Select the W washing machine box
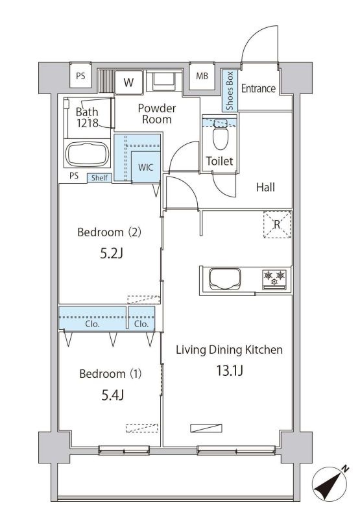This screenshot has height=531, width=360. point(129,82)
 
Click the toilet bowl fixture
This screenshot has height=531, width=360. point(221,138)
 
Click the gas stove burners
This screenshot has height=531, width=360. point(274,279)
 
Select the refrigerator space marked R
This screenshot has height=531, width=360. point(277,225)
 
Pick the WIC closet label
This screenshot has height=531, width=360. point(145,167)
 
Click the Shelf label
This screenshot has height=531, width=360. point(99,178)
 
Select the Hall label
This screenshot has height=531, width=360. point(265,188)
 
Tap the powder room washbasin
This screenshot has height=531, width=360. point(163,82)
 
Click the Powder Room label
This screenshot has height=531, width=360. point(156,114)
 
